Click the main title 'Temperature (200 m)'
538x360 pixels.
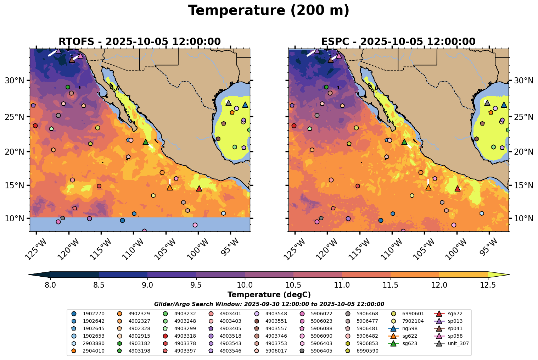point(269,11)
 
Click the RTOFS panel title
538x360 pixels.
point(140,42)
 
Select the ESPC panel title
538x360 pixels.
point(398,42)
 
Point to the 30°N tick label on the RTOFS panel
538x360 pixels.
point(15,81)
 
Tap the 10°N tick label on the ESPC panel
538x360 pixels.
point(523,218)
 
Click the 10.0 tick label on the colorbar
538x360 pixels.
point(245,285)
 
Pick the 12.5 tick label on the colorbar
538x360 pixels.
point(488,285)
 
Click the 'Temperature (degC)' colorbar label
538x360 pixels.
point(269,295)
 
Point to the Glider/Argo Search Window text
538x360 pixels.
point(269,304)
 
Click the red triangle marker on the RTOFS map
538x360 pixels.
point(199,189)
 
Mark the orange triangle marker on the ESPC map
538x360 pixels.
point(428,187)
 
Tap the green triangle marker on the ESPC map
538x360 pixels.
point(404,142)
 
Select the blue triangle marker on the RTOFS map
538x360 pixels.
point(245,105)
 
